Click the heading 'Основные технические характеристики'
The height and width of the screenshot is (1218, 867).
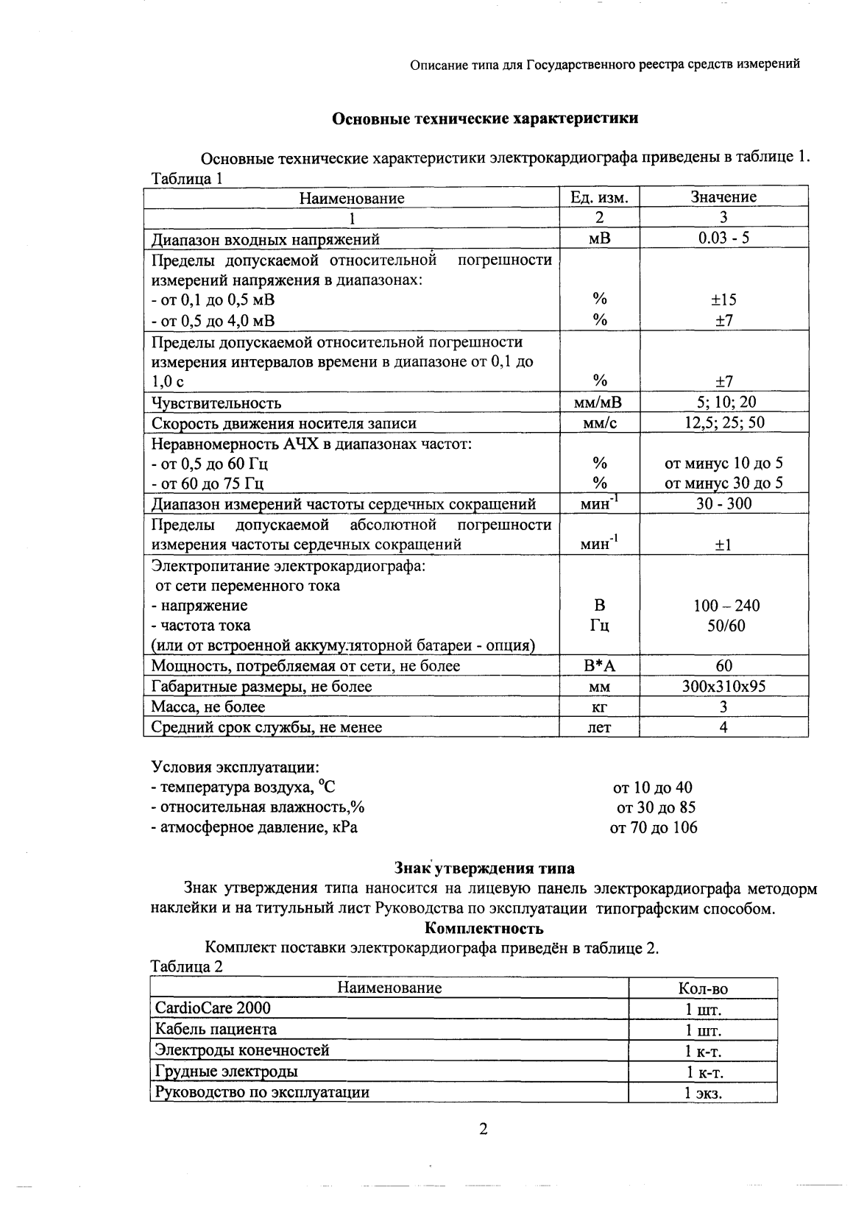pos(485,118)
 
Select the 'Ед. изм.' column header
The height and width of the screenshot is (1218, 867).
pos(599,197)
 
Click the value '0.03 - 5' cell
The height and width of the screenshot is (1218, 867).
pos(723,238)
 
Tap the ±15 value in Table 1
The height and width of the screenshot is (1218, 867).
pos(723,300)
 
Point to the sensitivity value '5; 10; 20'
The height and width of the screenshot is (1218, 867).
pos(723,402)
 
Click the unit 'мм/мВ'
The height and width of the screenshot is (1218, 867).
pos(599,402)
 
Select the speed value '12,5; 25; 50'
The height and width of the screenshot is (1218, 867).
pos(723,422)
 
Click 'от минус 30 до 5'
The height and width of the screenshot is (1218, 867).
pos(723,483)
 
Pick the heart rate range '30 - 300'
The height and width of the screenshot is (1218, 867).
pos(723,503)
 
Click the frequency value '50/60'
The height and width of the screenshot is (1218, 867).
pos(724,626)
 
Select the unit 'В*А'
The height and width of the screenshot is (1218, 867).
pos(599,666)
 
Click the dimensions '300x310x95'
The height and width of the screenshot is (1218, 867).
pos(723,687)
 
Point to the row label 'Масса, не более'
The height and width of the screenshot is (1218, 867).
pos(208,707)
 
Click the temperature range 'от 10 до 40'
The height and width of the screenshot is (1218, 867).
pos(652,787)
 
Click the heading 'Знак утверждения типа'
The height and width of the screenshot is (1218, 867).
pos(485,868)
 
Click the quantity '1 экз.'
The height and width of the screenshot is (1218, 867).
pos(703,1093)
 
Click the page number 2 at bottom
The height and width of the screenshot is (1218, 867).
pos(484,1130)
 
